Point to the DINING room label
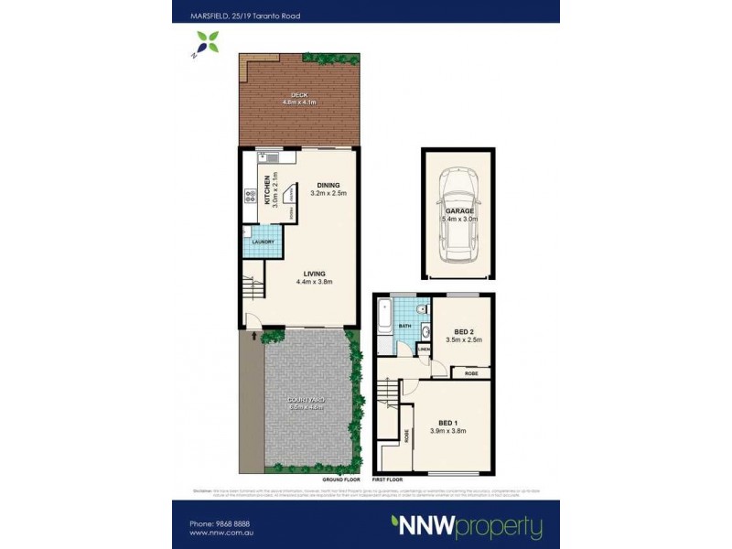327,184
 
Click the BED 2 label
464,331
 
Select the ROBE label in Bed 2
471,373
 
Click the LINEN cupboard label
424,349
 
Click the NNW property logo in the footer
468,526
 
